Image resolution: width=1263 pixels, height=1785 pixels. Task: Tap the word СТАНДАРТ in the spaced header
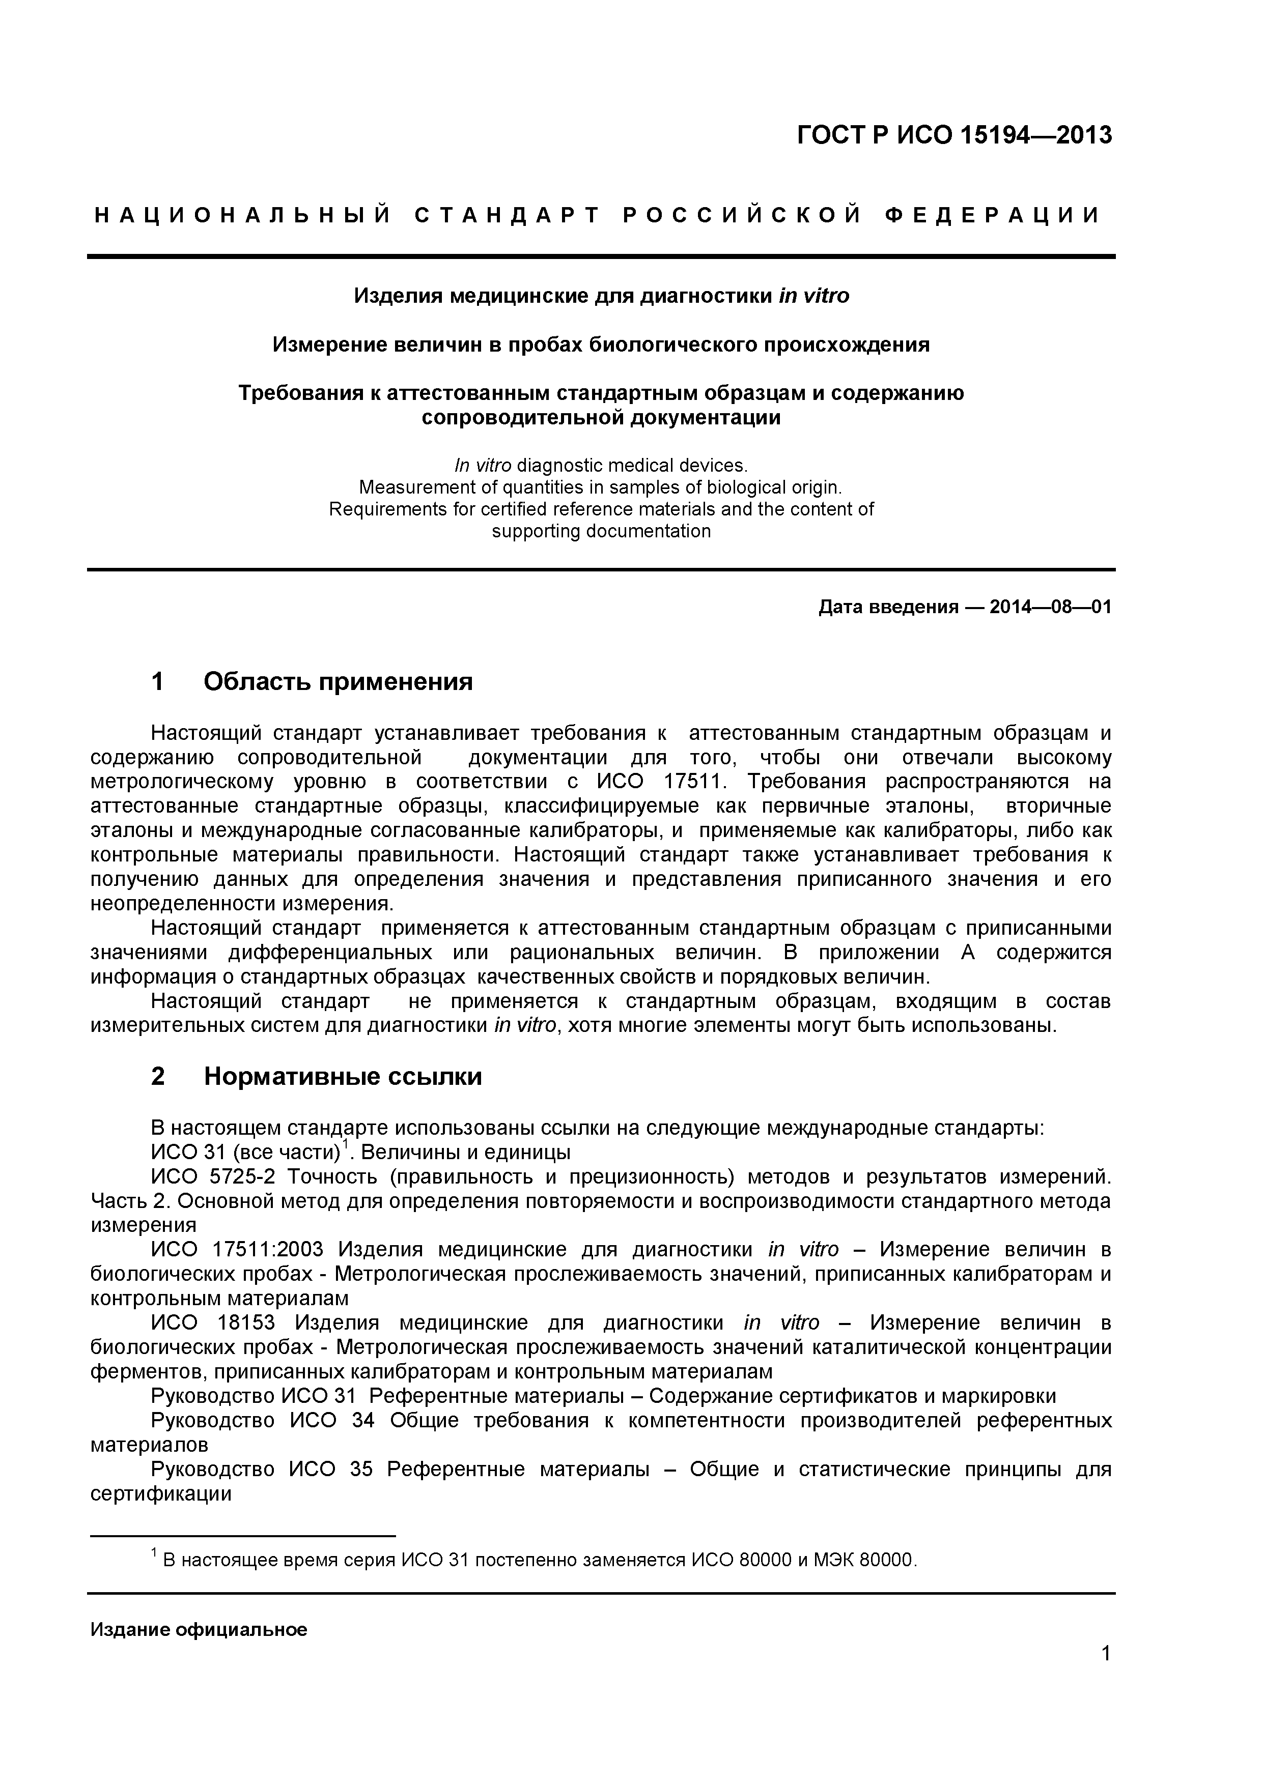pyautogui.click(x=507, y=215)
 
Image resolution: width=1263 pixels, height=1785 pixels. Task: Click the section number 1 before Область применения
pyautogui.click(x=158, y=682)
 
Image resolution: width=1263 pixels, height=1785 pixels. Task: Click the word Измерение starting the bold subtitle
pyautogui.click(x=322, y=344)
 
